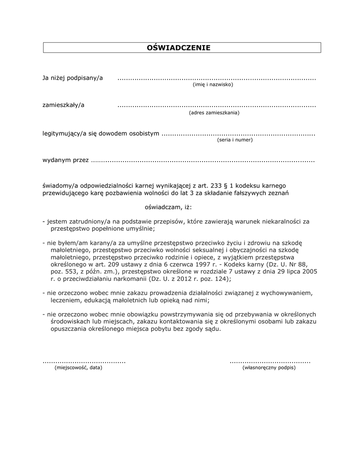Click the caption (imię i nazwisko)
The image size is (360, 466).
pyautogui.click(x=213, y=85)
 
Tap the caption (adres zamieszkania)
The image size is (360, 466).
pyautogui.click(x=214, y=112)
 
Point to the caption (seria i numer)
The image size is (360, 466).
pyautogui.click(x=235, y=140)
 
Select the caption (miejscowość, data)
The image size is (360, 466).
pyautogui.click(x=78, y=367)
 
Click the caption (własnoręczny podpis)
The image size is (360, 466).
pyautogui.click(x=269, y=367)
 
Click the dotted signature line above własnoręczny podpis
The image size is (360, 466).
pyautogui.click(x=270, y=362)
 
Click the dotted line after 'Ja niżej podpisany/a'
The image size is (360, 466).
pyautogui.click(x=216, y=79)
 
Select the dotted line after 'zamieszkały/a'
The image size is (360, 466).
pyautogui.click(x=216, y=106)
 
